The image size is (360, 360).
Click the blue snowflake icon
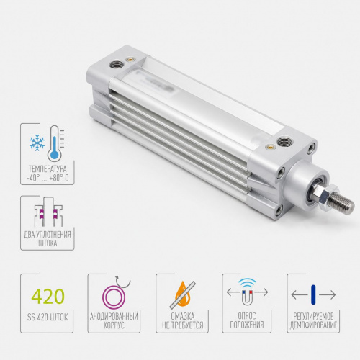tap(37, 143)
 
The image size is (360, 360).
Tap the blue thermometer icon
tap(55, 143)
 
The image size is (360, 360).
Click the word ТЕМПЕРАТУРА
tap(48, 169)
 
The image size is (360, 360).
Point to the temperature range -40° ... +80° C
tap(48, 179)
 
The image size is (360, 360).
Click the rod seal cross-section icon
tap(48, 211)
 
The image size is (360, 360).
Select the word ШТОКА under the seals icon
tap(48, 243)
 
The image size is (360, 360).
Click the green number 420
tap(48, 297)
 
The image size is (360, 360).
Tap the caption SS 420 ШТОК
tap(48, 318)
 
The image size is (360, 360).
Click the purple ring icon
tap(114, 297)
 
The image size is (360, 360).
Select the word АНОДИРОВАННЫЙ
tap(114, 316)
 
